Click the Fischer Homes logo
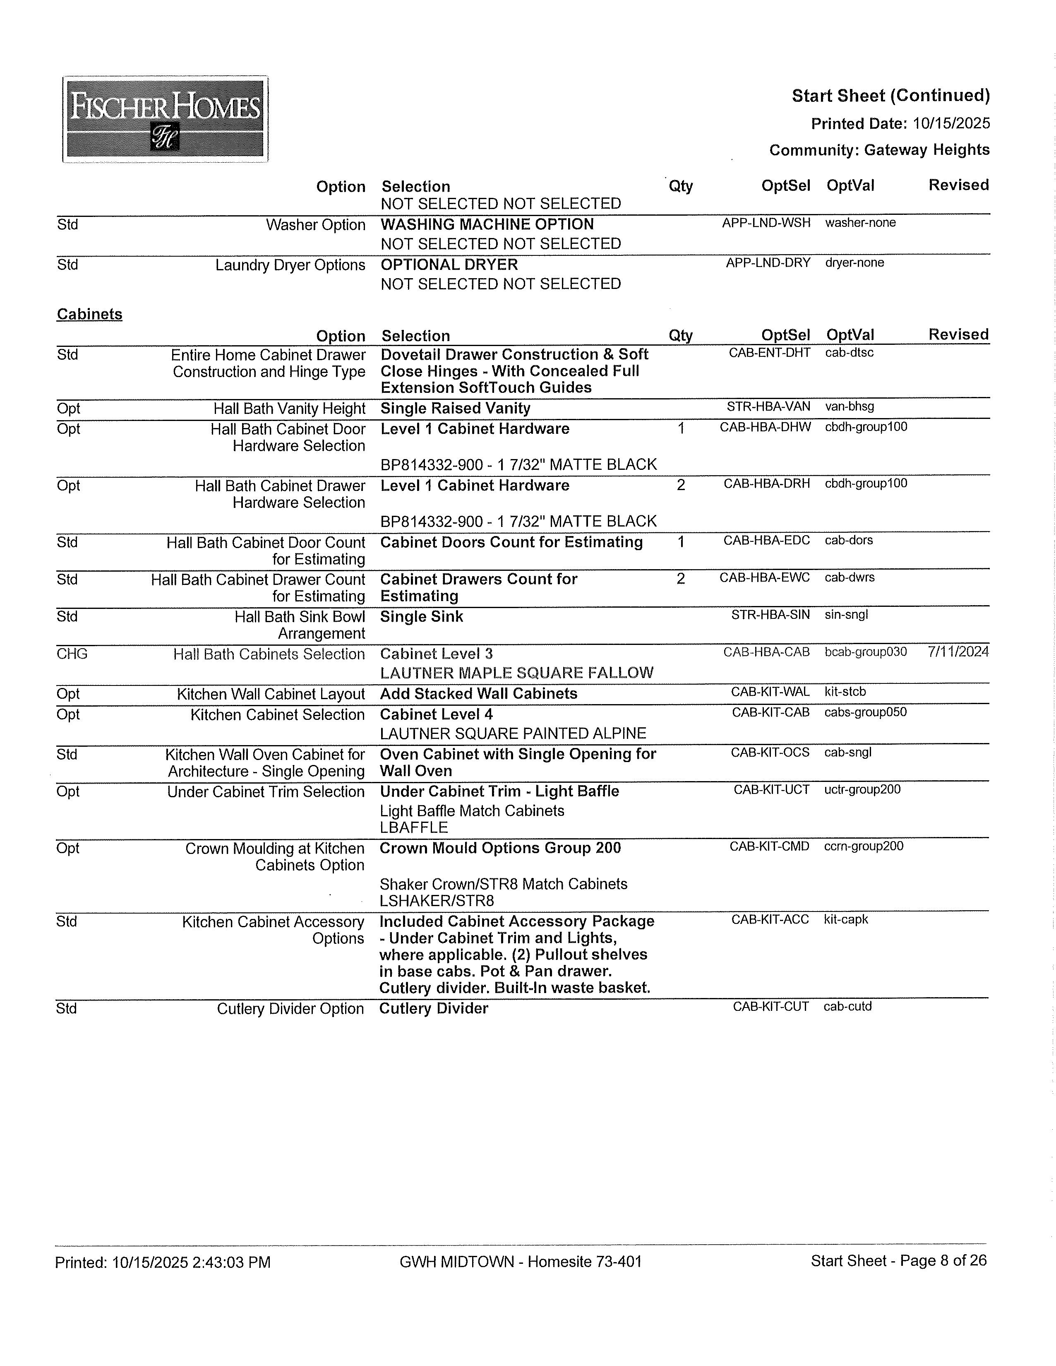coord(165,119)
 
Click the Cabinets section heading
coord(89,314)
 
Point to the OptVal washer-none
coord(860,223)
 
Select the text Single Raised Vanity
coord(455,409)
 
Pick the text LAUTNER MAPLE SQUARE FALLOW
coord(516,673)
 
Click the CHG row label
coord(72,654)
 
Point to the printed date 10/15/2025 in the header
coord(951,123)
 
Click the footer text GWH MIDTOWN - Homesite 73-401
coord(520,1262)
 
